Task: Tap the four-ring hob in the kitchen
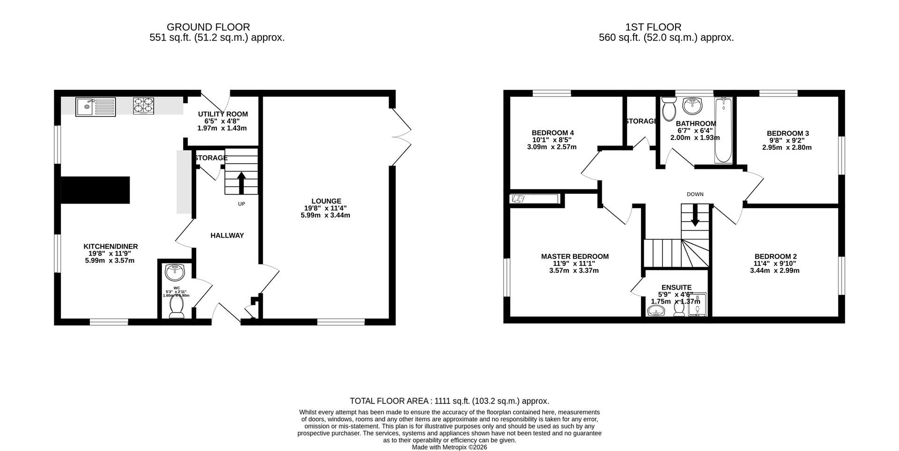pos(143,106)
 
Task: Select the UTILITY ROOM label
pos(223,114)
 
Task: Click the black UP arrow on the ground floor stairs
pos(242,183)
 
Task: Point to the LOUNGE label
pos(326,201)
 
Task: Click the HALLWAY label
pos(227,235)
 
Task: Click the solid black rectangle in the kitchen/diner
pos(96,190)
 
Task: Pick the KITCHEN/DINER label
pos(111,247)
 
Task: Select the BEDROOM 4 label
pos(553,133)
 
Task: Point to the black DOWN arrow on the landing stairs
pos(695,218)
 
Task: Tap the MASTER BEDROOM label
pos(575,256)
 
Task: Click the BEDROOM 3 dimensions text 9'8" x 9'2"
pos(787,140)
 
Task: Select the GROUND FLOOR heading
pos(208,27)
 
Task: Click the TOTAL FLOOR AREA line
pos(449,401)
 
